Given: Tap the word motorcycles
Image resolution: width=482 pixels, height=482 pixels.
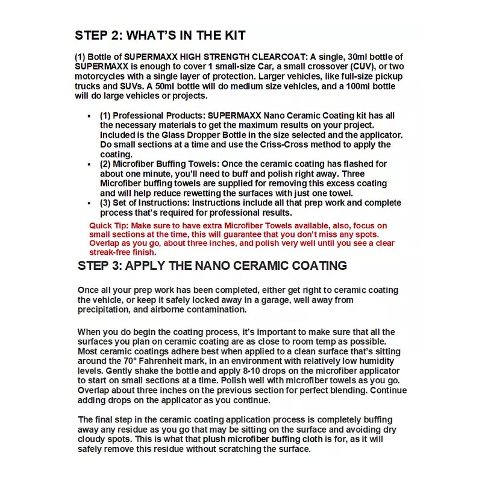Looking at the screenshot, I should [102, 77].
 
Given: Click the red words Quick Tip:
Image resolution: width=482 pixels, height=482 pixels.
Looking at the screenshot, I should [108, 225].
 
